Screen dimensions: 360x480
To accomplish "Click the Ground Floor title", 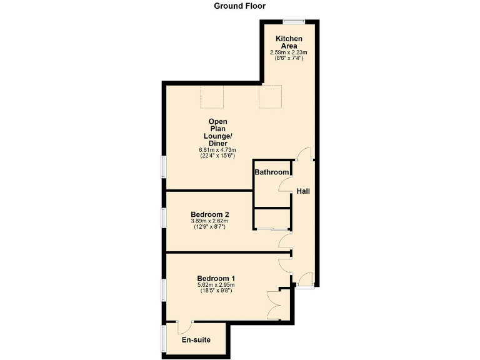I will tap(239, 6).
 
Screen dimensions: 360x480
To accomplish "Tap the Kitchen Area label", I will tap(289, 42).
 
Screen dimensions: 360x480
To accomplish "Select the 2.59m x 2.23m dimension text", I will tap(289, 52).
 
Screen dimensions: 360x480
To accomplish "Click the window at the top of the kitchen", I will tap(293, 21).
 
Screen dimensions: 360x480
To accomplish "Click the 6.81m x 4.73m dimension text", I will tap(217, 150).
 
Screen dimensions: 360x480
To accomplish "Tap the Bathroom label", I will tap(272, 172).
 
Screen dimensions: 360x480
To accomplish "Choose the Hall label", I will tap(303, 191).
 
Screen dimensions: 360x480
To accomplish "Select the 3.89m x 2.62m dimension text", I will tap(210, 221).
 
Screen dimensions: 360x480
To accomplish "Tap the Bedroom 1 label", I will tap(216, 278).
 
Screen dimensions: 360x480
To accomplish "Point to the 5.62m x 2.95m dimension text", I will tap(216, 286).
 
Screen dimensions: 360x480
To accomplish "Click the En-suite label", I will tap(196, 340).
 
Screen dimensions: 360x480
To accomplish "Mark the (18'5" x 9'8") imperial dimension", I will tap(216, 291).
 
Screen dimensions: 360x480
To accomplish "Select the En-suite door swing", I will tap(184, 326).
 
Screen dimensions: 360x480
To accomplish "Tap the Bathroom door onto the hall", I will tap(286, 185).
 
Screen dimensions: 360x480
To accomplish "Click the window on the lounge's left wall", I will tap(164, 169).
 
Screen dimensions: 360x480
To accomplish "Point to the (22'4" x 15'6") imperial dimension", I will tap(217, 156).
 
